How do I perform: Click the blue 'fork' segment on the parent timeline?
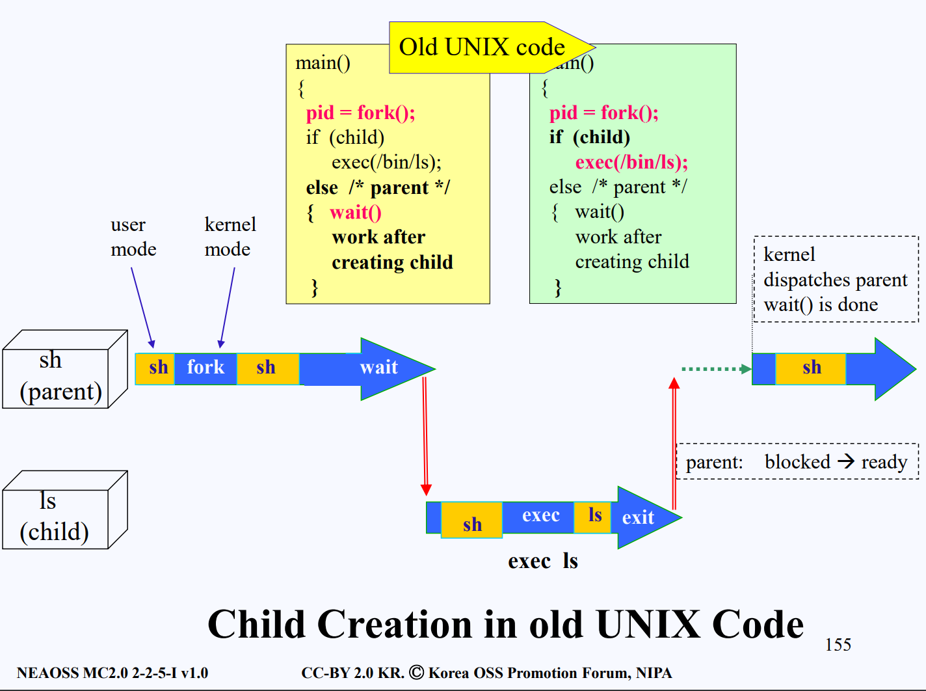coord(205,368)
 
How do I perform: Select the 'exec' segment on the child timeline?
coord(540,516)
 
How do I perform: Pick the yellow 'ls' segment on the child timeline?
coord(594,515)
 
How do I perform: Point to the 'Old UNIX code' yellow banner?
coord(482,47)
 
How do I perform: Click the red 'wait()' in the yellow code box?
coord(355,213)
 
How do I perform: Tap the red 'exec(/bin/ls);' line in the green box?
coord(631,162)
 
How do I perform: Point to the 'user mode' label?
coord(133,237)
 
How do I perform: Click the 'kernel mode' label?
coord(230,237)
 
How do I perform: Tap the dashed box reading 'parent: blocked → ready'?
coord(797,462)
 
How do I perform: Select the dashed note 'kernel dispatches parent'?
coord(835,279)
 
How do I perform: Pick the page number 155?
coord(838,645)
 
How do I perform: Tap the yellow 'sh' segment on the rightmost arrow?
coord(811,368)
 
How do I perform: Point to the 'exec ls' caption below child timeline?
coord(543,561)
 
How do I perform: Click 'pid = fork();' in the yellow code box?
coord(360,113)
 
